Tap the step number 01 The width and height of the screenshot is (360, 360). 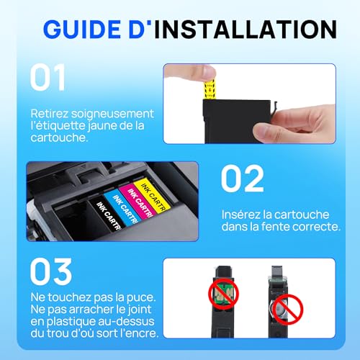click(x=50, y=78)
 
